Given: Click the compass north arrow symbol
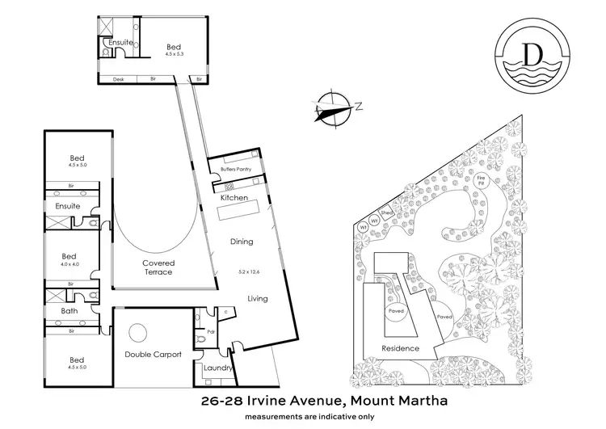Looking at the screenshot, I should [x=333, y=107].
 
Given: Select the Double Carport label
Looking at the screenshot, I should [x=153, y=354].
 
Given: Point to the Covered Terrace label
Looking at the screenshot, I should [x=158, y=267].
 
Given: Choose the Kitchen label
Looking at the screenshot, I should [x=234, y=198].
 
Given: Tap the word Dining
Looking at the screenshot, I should [x=241, y=241].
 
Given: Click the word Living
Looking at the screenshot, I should [x=258, y=298].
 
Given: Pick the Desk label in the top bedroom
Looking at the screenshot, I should [x=118, y=79].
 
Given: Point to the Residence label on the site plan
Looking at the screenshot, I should [x=401, y=348].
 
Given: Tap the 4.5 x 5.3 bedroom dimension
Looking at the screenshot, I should [x=174, y=55].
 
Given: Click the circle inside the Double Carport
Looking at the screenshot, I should [x=137, y=332].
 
